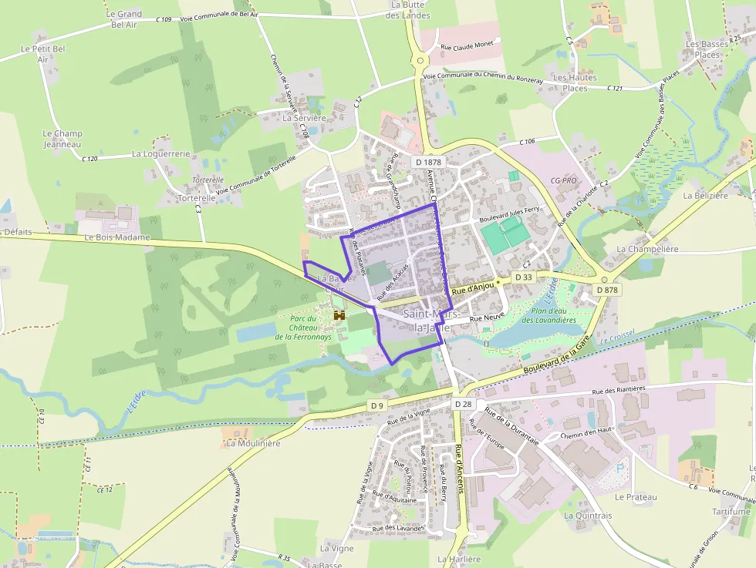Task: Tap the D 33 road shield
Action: click(x=523, y=277)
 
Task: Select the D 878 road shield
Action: click(x=608, y=290)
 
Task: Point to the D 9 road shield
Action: click(x=376, y=405)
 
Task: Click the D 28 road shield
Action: click(x=463, y=404)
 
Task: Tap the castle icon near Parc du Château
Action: click(x=339, y=315)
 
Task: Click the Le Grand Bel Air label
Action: click(x=124, y=19)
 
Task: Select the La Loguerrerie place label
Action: click(x=160, y=154)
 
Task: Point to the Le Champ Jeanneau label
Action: click(x=62, y=139)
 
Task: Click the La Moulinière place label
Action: click(x=253, y=444)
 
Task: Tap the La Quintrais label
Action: click(x=588, y=516)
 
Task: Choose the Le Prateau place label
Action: click(x=636, y=497)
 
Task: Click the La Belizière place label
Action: click(x=706, y=196)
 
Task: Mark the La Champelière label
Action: click(x=647, y=250)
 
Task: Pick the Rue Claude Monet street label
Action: click(x=467, y=47)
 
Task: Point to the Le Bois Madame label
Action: click(x=116, y=237)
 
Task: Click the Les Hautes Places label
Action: click(x=575, y=83)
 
